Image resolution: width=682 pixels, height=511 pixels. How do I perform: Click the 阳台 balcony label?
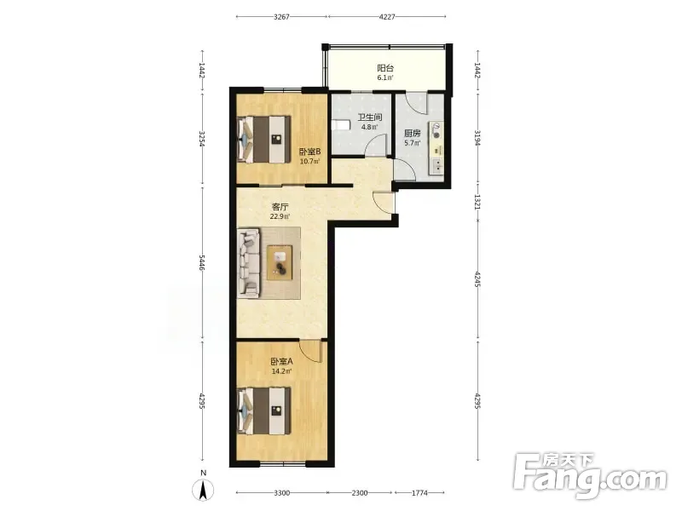point(385,68)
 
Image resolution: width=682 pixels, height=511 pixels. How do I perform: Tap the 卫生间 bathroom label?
point(370,118)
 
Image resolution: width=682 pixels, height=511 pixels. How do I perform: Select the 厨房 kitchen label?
point(413,133)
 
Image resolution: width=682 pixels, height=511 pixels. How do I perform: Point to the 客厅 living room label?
point(280,206)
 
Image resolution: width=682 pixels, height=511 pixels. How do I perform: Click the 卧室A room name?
point(282,361)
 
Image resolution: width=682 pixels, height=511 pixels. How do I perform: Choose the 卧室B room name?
point(309,152)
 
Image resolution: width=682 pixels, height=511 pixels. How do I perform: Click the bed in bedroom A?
point(264,411)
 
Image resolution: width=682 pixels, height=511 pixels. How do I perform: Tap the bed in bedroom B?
point(264,139)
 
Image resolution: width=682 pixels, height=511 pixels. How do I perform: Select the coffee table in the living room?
point(280,262)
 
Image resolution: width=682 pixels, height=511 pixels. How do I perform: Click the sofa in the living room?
point(249,263)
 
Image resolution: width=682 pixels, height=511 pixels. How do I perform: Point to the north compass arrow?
point(203,491)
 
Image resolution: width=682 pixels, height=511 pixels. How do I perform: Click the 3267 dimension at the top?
point(282,17)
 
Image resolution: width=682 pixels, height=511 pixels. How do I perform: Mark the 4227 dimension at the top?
point(387,17)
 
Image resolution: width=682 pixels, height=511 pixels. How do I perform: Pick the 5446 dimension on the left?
point(202,262)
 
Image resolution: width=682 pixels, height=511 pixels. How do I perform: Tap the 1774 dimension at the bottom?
point(419,493)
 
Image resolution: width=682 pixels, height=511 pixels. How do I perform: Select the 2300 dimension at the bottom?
point(360,493)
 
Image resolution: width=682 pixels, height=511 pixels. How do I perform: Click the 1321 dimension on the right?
point(477,202)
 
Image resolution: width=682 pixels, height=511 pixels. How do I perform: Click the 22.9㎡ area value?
point(280,216)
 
